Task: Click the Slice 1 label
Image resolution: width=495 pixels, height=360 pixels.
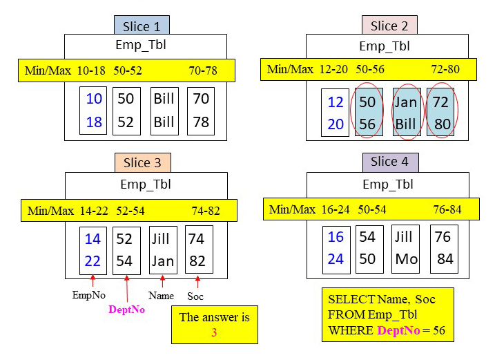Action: [142, 26]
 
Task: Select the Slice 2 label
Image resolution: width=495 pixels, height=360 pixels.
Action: [389, 26]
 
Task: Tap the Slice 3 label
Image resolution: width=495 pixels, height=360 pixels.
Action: [142, 163]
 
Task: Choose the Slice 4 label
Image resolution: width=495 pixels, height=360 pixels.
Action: [389, 162]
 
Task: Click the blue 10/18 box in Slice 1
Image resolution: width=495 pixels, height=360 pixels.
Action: [94, 111]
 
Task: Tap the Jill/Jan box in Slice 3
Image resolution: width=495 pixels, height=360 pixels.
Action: [162, 250]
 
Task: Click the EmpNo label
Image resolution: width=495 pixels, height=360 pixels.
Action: [90, 295]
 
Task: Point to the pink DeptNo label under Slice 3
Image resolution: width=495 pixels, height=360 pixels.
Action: [126, 310]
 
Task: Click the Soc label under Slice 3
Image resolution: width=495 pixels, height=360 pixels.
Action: [196, 296]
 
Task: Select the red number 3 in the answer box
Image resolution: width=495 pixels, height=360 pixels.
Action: [213, 332]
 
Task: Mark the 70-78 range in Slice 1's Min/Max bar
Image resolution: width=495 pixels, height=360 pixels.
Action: [203, 70]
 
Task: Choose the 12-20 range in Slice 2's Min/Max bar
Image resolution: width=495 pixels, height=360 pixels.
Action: [334, 69]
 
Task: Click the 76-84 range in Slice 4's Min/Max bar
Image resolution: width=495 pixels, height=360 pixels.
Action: [447, 209]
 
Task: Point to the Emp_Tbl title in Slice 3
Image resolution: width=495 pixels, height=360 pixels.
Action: [146, 184]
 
